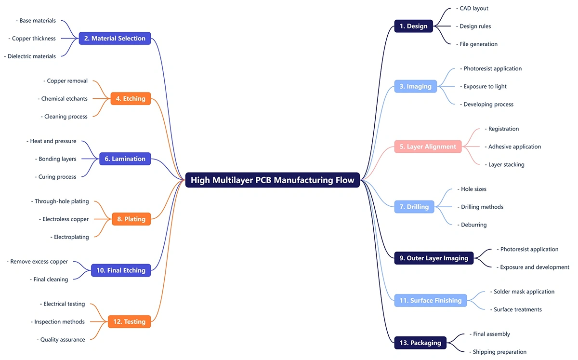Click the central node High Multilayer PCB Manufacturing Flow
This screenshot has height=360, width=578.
click(273, 180)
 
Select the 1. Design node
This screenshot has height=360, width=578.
click(413, 26)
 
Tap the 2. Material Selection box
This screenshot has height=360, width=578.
click(115, 39)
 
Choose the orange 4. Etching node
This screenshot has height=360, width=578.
click(131, 99)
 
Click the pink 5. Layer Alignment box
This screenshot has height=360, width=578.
click(428, 147)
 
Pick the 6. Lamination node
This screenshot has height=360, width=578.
click(125, 159)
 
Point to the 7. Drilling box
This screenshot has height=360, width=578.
click(414, 207)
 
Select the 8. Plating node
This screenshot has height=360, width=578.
click(131, 219)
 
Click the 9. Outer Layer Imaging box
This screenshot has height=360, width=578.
click(433, 258)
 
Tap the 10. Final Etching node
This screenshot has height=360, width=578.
click(121, 270)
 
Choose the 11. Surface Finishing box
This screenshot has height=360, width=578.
click(431, 300)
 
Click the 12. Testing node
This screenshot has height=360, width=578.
click(129, 321)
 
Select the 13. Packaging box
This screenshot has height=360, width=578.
click(420, 343)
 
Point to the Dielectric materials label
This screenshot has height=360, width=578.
click(31, 56)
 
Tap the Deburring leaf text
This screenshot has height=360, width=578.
click(473, 225)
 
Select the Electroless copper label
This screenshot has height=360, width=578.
click(65, 219)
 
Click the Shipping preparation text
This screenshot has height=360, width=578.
click(499, 352)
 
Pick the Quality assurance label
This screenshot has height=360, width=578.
click(62, 340)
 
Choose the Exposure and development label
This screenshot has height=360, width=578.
click(534, 267)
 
